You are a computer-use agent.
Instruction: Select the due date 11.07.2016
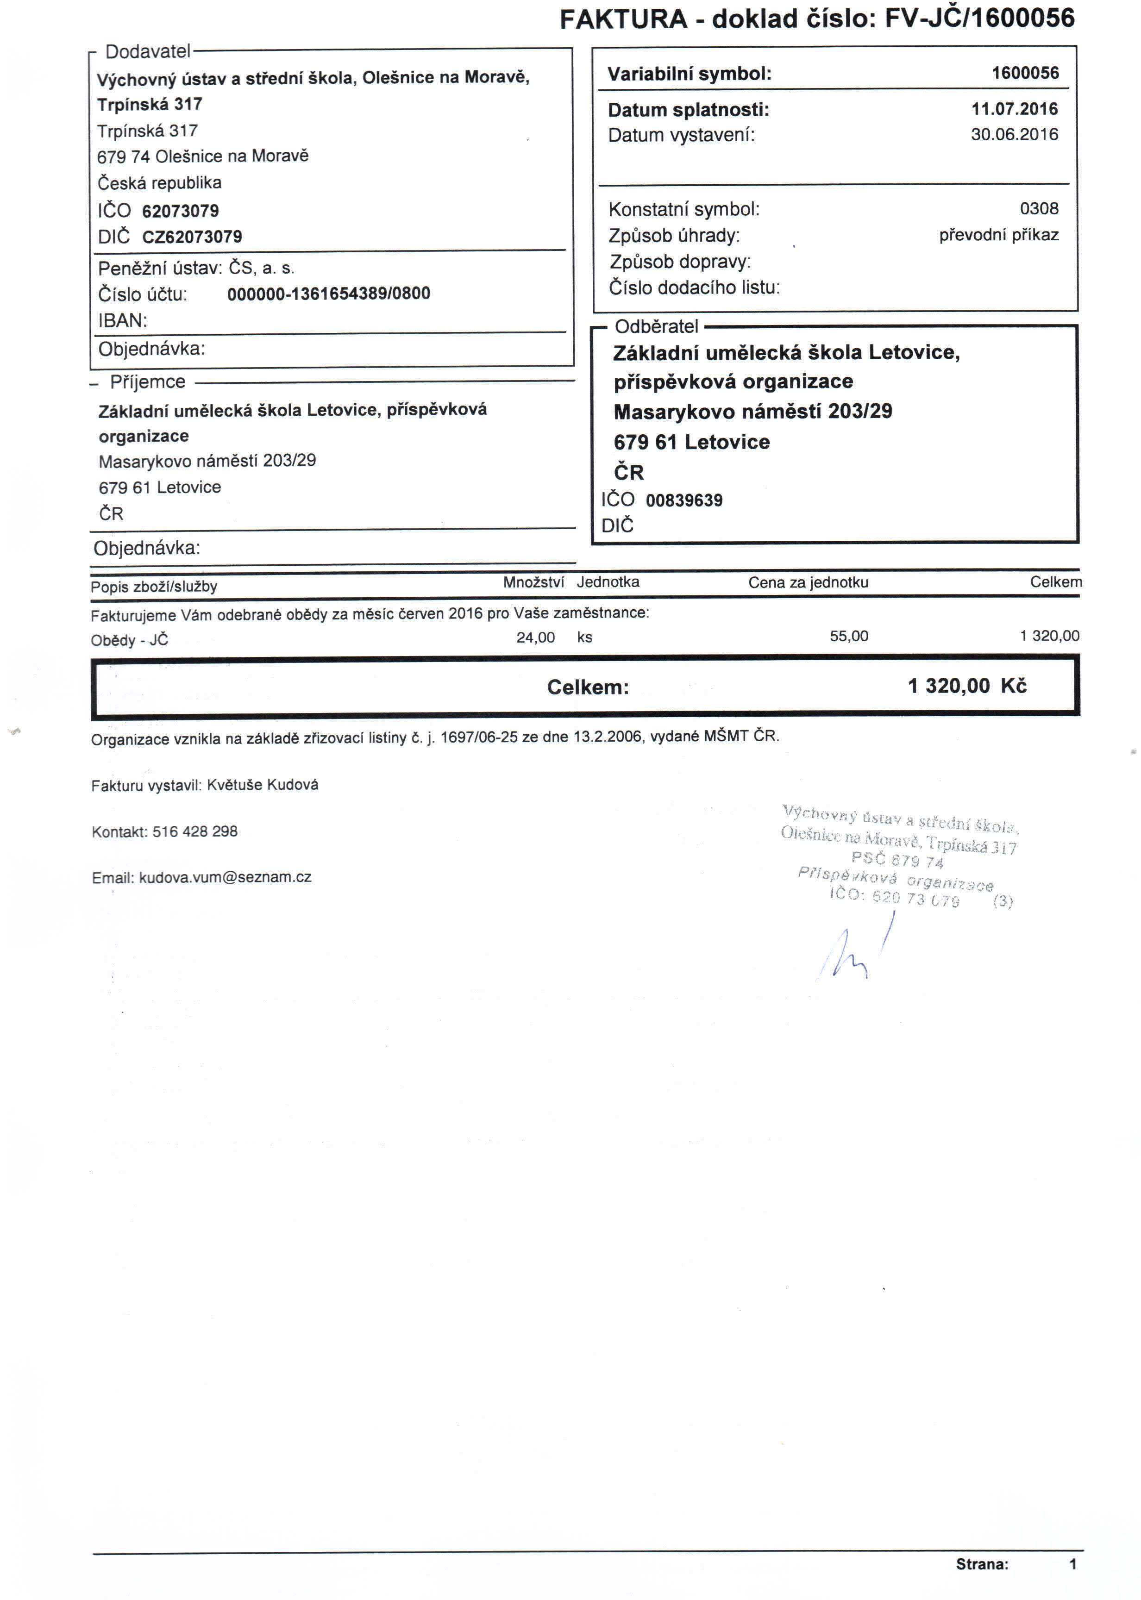1014,109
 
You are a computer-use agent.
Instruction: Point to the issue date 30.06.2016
1014,134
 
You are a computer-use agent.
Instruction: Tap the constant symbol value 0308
1038,209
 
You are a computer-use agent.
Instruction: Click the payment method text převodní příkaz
998,235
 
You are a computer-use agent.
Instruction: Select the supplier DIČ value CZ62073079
192,237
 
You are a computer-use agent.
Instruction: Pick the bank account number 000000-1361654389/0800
328,294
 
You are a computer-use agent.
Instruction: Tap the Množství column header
533,582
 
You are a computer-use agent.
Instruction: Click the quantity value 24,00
535,637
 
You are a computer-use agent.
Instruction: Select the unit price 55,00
849,637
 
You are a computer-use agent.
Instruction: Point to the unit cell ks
584,637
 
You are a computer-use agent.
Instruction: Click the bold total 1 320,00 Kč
967,686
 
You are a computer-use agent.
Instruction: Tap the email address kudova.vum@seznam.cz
225,877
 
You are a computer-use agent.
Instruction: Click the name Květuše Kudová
262,785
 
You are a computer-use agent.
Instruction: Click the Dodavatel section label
148,52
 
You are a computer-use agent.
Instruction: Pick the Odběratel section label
656,326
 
